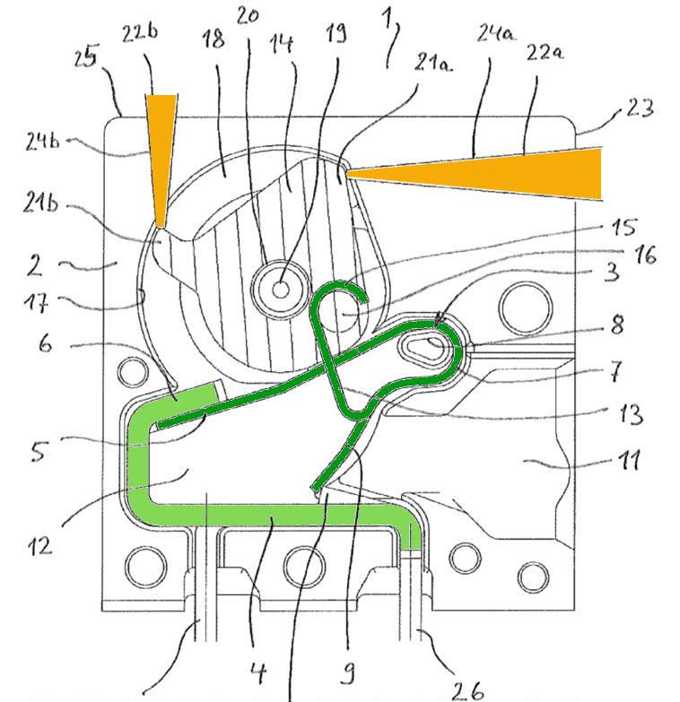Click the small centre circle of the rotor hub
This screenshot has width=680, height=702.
tap(281, 288)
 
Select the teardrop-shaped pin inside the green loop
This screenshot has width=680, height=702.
tap(426, 345)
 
